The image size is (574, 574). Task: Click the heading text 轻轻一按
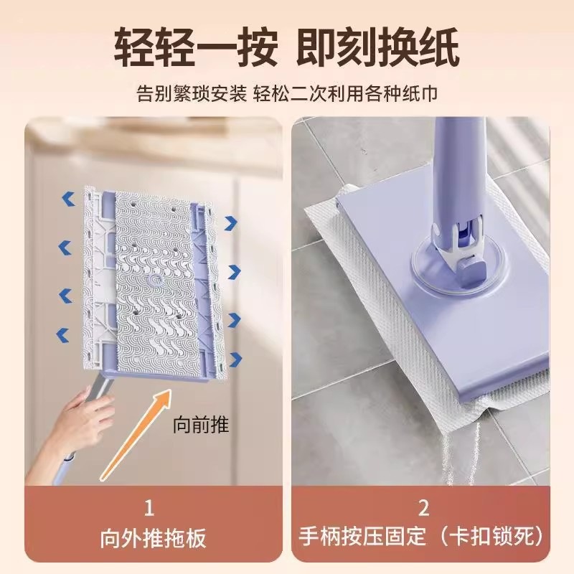(196, 48)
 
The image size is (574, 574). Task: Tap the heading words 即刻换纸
(377, 48)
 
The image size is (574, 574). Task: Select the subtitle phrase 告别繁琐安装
(192, 93)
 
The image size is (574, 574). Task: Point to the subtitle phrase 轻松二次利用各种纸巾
(346, 93)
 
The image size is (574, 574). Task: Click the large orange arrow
(136, 435)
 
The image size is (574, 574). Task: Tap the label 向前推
(201, 425)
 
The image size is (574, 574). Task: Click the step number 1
(149, 508)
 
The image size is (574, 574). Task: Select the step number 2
(423, 508)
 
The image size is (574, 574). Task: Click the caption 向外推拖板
(153, 537)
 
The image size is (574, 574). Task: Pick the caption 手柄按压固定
(362, 537)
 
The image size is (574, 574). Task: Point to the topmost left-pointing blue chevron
(68, 199)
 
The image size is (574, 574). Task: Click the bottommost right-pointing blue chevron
(235, 359)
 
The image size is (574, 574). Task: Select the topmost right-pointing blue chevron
(231, 223)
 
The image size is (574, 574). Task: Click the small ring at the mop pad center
(155, 281)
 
